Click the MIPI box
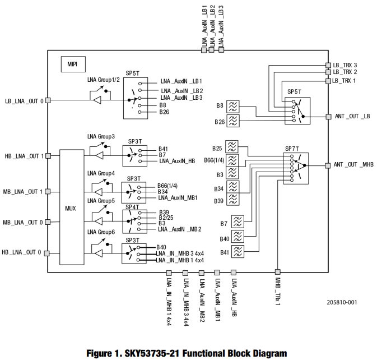coord(72,64)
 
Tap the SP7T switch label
coord(293,148)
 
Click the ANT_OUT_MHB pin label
coord(353,164)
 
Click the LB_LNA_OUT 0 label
coord(24,101)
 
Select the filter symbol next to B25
coord(233,147)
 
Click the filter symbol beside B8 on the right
coord(233,105)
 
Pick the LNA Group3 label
coord(101,136)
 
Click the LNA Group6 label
coord(101,232)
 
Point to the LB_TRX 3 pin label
coord(345,65)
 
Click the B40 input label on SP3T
coord(161,247)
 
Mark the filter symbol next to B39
coord(233,200)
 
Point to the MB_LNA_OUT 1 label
coord(22,192)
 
